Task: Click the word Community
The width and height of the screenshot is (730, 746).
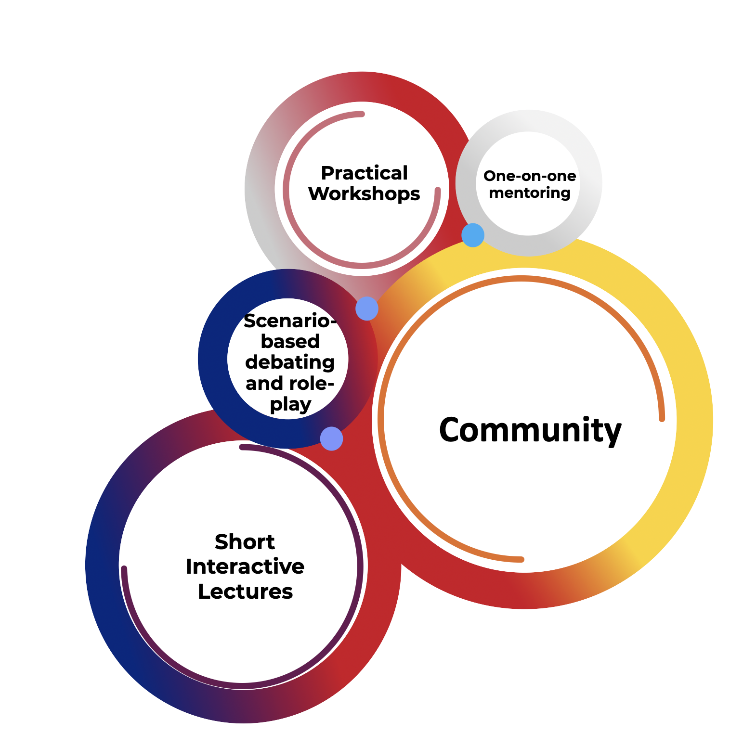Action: click(530, 430)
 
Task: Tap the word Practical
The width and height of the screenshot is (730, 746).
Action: click(365, 173)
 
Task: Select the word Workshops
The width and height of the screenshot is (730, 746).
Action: click(364, 194)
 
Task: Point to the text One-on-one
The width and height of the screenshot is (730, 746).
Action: click(530, 176)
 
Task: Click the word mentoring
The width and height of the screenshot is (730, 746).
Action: click(530, 193)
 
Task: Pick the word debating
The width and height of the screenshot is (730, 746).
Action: click(290, 362)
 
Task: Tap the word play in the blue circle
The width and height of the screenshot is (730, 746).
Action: click(290, 405)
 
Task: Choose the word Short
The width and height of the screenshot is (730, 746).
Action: click(245, 542)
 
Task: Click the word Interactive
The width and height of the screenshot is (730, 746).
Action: click(245, 566)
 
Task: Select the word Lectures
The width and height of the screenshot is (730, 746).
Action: click(245, 592)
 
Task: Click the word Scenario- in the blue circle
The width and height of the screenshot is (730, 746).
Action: click(290, 321)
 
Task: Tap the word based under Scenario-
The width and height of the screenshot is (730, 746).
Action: click(290, 342)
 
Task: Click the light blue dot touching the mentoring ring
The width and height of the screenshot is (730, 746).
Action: click(473, 235)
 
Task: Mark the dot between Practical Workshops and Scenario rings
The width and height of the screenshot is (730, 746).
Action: click(367, 309)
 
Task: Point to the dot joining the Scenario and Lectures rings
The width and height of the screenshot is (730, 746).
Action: click(331, 439)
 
